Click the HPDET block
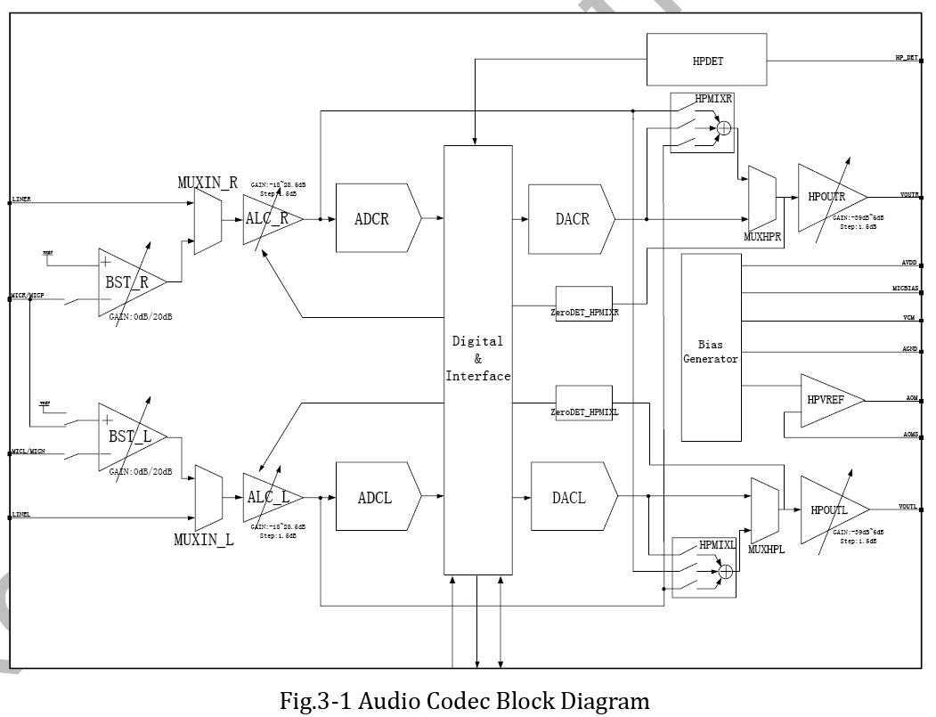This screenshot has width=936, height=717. click(x=706, y=61)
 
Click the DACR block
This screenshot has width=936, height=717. click(x=571, y=218)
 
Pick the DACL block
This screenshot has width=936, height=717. click(x=572, y=497)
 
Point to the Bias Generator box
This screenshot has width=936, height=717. click(x=711, y=347)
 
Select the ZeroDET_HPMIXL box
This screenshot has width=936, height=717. click(x=584, y=403)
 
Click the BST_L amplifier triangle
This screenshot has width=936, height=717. click(x=128, y=436)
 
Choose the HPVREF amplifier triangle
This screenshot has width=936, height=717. click(x=821, y=401)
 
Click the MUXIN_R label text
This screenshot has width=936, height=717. click(x=208, y=183)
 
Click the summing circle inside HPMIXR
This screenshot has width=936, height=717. click(x=724, y=130)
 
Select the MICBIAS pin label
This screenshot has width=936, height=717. click(x=905, y=289)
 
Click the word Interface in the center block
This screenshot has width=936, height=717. click(x=478, y=376)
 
